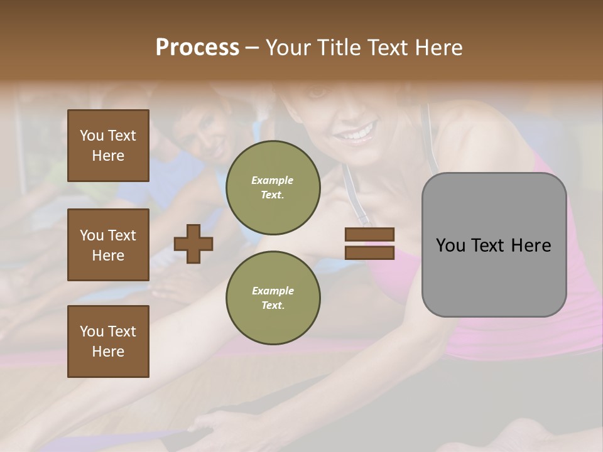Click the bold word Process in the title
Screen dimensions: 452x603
pyautogui.click(x=197, y=48)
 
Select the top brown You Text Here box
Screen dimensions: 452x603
pyautogui.click(x=108, y=146)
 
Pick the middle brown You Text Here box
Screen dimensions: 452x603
pyautogui.click(x=108, y=245)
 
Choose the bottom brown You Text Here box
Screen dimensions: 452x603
pyautogui.click(x=108, y=342)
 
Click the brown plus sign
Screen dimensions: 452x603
pyautogui.click(x=193, y=244)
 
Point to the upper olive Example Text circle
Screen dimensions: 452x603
pyautogui.click(x=273, y=188)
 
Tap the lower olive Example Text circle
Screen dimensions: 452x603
pyautogui.click(x=273, y=298)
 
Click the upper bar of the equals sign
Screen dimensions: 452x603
pyautogui.click(x=369, y=234)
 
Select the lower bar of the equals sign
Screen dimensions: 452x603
pyautogui.click(x=369, y=253)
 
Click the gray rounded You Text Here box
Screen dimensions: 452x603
pyautogui.click(x=494, y=245)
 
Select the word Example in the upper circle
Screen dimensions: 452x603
pyautogui.click(x=273, y=180)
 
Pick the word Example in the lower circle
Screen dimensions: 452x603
pyautogui.click(x=273, y=291)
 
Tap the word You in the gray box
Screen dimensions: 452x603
pyautogui.click(x=450, y=245)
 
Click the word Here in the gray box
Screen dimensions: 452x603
pyautogui.click(x=532, y=245)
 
